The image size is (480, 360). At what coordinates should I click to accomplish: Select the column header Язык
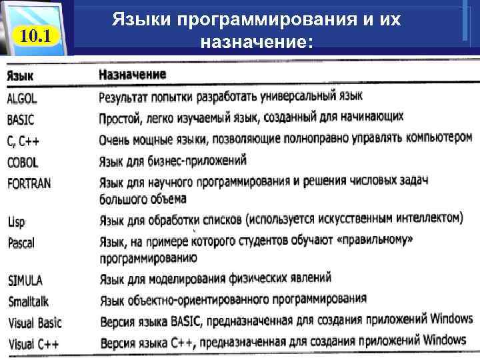21,76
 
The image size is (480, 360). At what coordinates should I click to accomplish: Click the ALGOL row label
23,99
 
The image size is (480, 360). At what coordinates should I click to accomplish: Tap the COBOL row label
23,162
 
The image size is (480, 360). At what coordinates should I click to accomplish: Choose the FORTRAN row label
29,182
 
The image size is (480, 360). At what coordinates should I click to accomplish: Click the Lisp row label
17,223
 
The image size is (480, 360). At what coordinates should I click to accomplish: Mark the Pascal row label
21,243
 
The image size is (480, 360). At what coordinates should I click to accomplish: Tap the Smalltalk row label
29,301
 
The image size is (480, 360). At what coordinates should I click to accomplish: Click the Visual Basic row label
35,323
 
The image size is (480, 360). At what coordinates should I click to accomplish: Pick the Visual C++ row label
32,345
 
